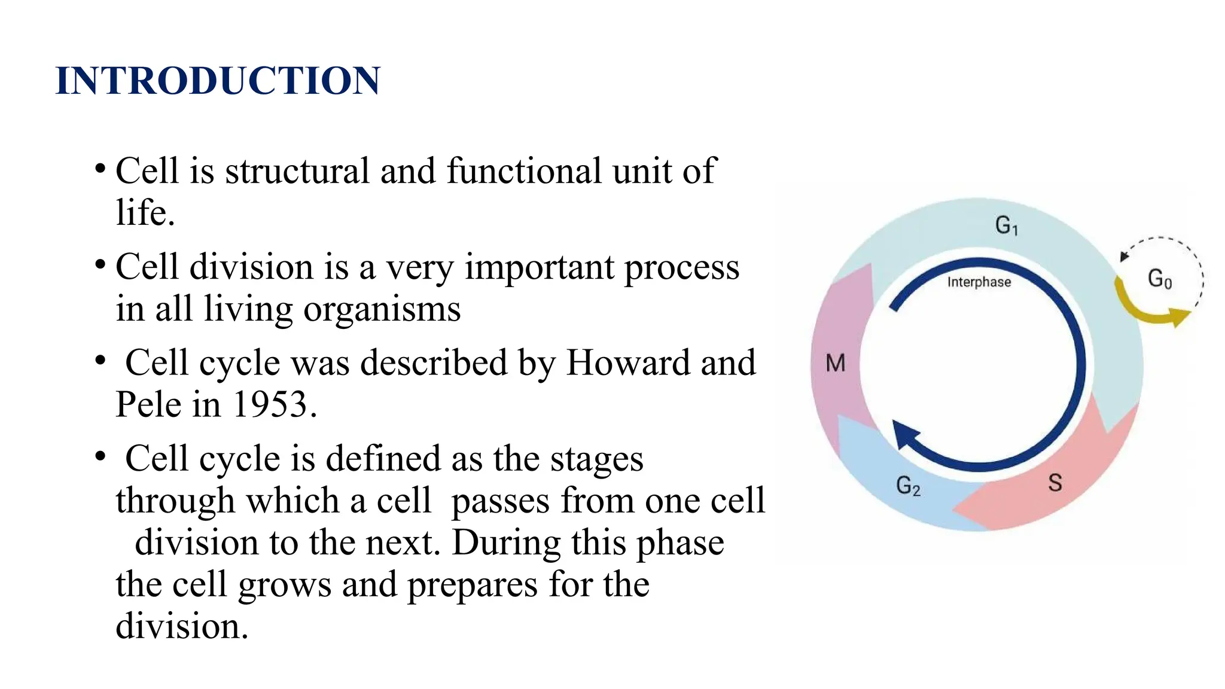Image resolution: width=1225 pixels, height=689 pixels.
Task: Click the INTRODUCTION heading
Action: pyautogui.click(x=218, y=81)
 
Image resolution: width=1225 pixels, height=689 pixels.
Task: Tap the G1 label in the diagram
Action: pyautogui.click(x=1007, y=225)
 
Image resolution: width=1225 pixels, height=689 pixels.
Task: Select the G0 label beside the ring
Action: pyautogui.click(x=1160, y=279)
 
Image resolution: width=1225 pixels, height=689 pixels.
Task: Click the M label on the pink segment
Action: pyautogui.click(x=836, y=363)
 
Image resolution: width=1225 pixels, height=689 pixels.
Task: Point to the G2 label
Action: pyautogui.click(x=908, y=486)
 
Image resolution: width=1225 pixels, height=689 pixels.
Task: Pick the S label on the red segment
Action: pyautogui.click(x=1055, y=483)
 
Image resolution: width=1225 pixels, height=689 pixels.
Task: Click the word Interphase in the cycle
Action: pyautogui.click(x=979, y=282)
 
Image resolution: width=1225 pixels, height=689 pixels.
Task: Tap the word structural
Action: pyautogui.click(x=297, y=171)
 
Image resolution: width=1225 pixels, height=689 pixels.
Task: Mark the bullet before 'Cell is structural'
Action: pyautogui.click(x=100, y=167)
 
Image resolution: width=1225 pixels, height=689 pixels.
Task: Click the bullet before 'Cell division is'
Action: pyautogui.click(x=100, y=263)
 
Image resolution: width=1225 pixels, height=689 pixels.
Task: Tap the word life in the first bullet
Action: pyautogui.click(x=141, y=213)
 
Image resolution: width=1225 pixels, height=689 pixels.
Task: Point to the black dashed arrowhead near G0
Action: pyautogui.click(x=1124, y=257)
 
